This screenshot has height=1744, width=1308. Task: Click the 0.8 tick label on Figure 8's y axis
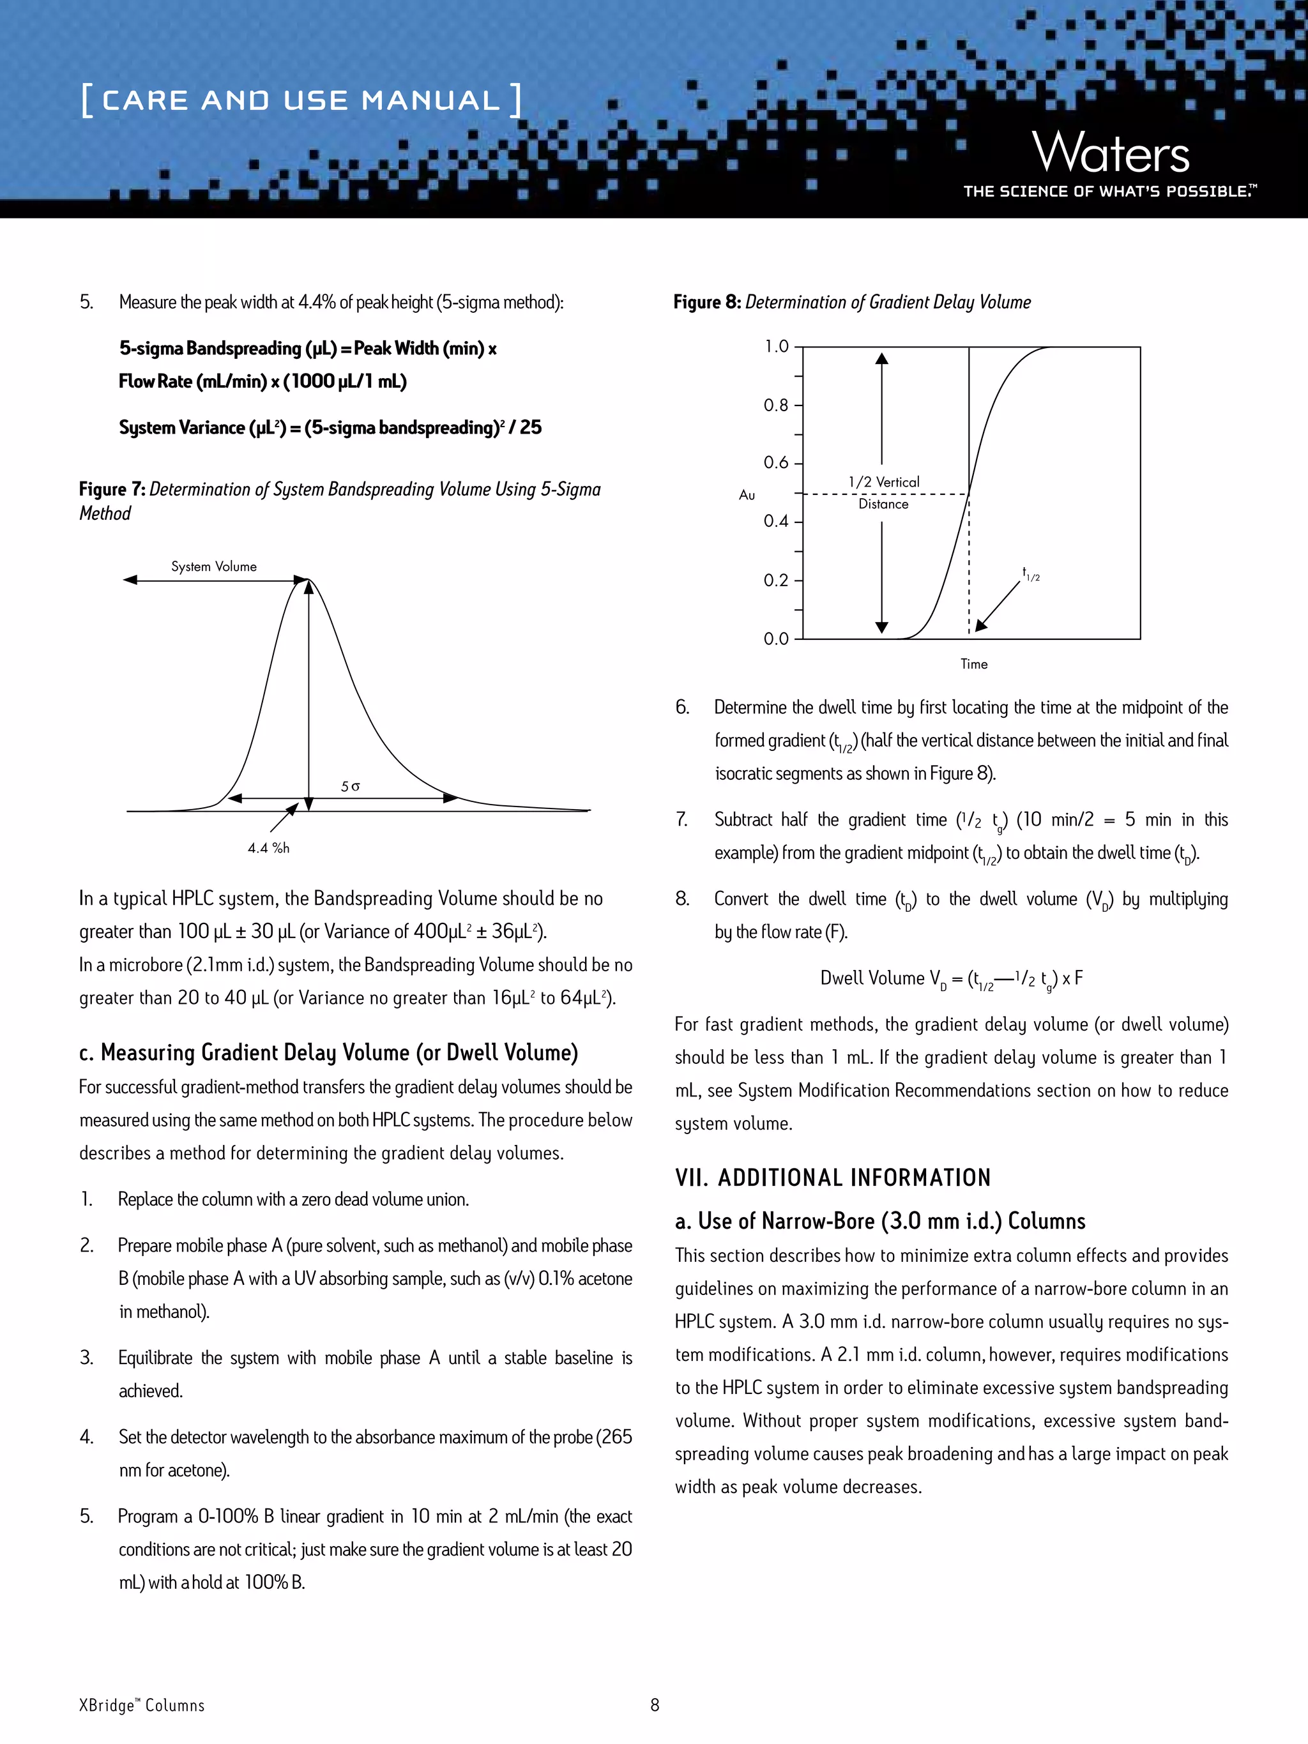coord(776,406)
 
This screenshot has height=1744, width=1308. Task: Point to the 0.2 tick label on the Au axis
coord(776,580)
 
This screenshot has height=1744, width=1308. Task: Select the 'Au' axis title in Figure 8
coord(747,495)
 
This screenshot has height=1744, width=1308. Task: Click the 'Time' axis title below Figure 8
coord(974,664)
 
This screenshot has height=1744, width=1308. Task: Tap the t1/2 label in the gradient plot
coord(1030,574)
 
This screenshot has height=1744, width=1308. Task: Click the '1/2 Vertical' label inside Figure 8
coord(884,481)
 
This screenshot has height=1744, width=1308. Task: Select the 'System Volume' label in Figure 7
coord(214,566)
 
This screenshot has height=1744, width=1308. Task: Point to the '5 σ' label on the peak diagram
coord(350,786)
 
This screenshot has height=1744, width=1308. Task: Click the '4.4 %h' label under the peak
coord(268,847)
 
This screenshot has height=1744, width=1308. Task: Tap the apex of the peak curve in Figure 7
coord(310,580)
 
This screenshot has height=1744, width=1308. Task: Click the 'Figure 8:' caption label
coord(706,302)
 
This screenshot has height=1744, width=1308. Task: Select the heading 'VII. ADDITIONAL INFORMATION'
coord(833,1178)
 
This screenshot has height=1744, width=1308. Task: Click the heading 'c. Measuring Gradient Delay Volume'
coord(328,1052)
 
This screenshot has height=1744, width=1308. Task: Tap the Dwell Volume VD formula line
coord(951,979)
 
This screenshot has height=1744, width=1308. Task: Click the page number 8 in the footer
coord(655,1704)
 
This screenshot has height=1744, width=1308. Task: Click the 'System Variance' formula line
coord(330,427)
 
